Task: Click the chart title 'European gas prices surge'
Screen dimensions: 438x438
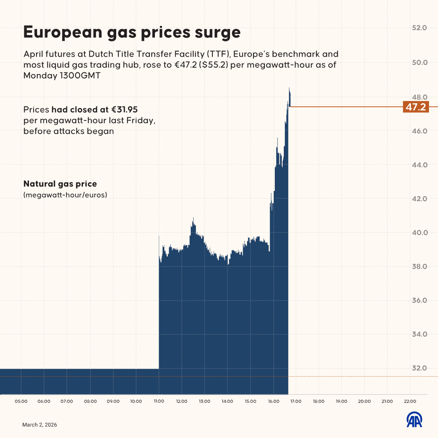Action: click(132, 32)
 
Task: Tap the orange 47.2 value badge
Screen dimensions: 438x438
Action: click(415, 107)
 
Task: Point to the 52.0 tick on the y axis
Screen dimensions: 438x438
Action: click(419, 28)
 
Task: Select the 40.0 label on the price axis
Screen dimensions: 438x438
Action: click(419, 233)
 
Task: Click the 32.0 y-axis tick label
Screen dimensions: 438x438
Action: click(419, 368)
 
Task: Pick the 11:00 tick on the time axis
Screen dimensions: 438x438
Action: click(159, 401)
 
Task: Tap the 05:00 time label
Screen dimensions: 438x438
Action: click(21, 401)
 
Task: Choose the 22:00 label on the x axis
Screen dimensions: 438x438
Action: click(410, 401)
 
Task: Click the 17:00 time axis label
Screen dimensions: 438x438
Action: click(296, 401)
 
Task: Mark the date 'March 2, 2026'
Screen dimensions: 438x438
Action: click(39, 425)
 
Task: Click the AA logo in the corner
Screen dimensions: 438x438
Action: click(414, 420)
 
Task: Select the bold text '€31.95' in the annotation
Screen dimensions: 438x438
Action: click(124, 109)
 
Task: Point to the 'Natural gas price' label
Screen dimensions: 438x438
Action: click(60, 184)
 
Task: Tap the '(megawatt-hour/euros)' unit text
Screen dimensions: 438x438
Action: click(65, 195)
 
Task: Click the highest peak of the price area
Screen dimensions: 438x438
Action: click(289, 88)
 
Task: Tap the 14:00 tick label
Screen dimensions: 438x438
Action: click(227, 401)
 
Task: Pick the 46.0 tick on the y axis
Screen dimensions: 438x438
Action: click(419, 131)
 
